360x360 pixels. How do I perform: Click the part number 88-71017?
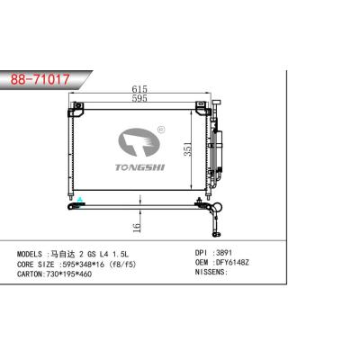(x=40, y=79)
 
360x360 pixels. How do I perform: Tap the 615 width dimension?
(x=139, y=89)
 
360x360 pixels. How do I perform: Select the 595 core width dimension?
(x=139, y=98)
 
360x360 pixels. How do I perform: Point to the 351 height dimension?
(x=187, y=148)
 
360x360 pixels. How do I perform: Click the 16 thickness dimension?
(x=137, y=228)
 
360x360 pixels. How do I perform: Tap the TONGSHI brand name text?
(x=140, y=167)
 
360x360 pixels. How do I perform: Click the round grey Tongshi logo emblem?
(x=139, y=142)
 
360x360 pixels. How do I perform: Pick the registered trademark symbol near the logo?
(x=161, y=130)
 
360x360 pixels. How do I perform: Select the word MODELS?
(x=30, y=255)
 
